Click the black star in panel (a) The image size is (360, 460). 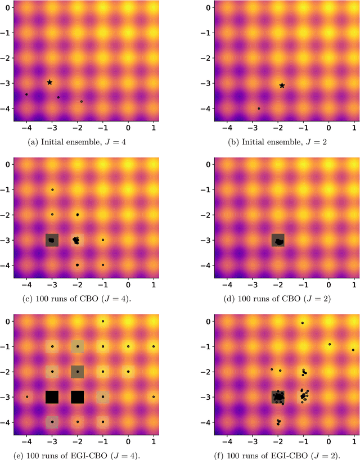pyautogui.click(x=49, y=82)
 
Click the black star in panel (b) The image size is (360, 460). pyautogui.click(x=282, y=85)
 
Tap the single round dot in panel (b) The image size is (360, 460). pyautogui.click(x=259, y=109)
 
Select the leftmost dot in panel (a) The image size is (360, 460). pyautogui.click(x=26, y=94)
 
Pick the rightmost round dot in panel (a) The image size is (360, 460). pyautogui.click(x=82, y=102)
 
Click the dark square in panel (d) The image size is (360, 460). pyautogui.click(x=278, y=241)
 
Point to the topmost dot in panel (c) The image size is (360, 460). pyautogui.click(x=52, y=190)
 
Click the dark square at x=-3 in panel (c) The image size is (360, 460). pyautogui.click(x=52, y=240)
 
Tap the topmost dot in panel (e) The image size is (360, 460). pyautogui.click(x=103, y=321)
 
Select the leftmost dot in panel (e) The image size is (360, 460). pyautogui.click(x=27, y=396)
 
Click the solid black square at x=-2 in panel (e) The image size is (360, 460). pyautogui.click(x=78, y=396)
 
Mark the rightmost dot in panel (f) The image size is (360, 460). pyautogui.click(x=353, y=350)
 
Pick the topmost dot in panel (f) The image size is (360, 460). pyautogui.click(x=303, y=323)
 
